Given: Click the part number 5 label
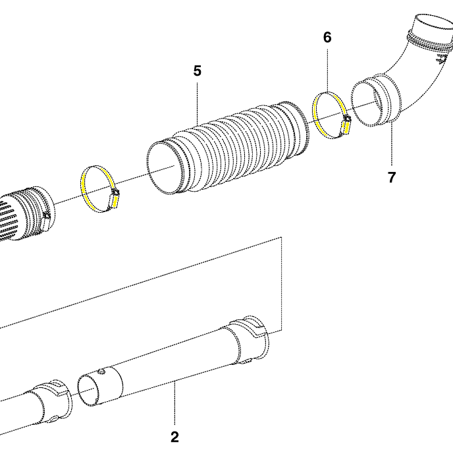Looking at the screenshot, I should coord(198,70).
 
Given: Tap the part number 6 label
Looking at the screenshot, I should coord(327,38).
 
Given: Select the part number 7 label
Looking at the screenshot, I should coord(392,177).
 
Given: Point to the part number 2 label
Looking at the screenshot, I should coord(174,437).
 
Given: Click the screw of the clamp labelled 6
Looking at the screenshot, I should coord(345,123).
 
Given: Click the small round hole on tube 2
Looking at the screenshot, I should coord(103,371).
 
